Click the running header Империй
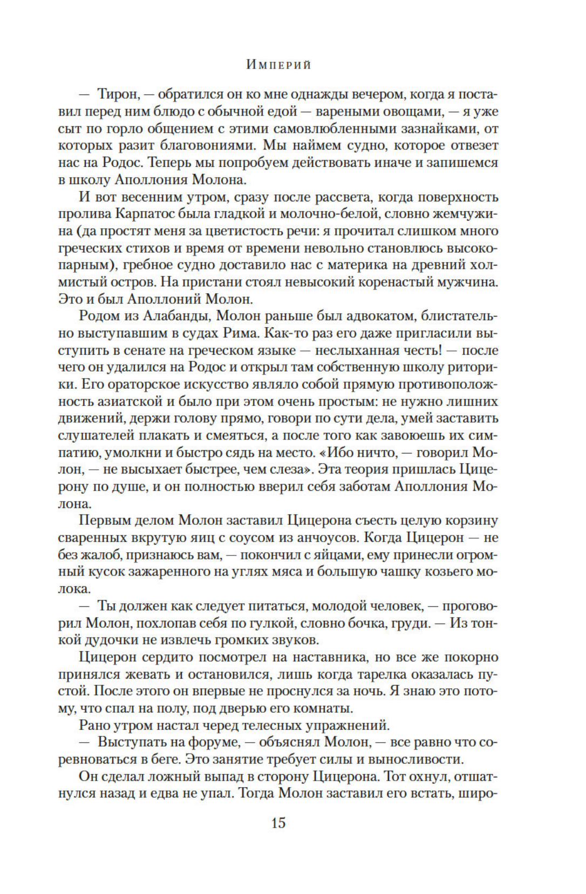278,65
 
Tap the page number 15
278,823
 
